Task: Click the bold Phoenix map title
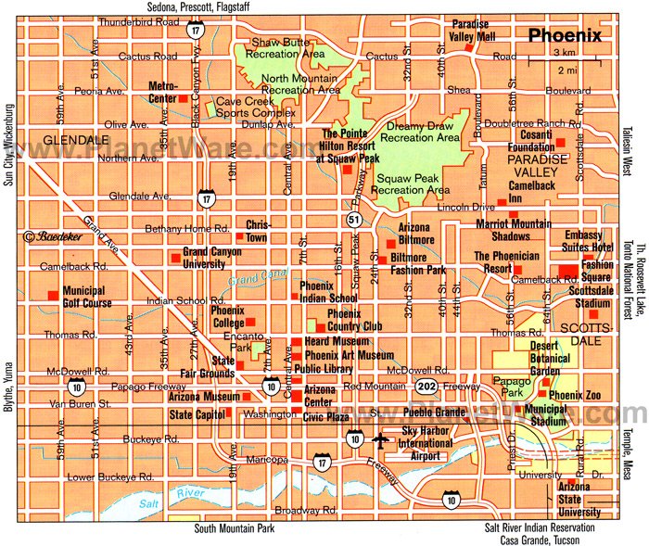pyautogui.click(x=565, y=37)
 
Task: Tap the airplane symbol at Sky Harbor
pyautogui.click(x=378, y=439)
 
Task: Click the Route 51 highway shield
pyautogui.click(x=356, y=220)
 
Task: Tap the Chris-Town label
pyautogui.click(x=256, y=229)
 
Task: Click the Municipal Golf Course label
pyautogui.click(x=88, y=297)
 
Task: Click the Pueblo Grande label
pyautogui.click(x=439, y=411)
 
